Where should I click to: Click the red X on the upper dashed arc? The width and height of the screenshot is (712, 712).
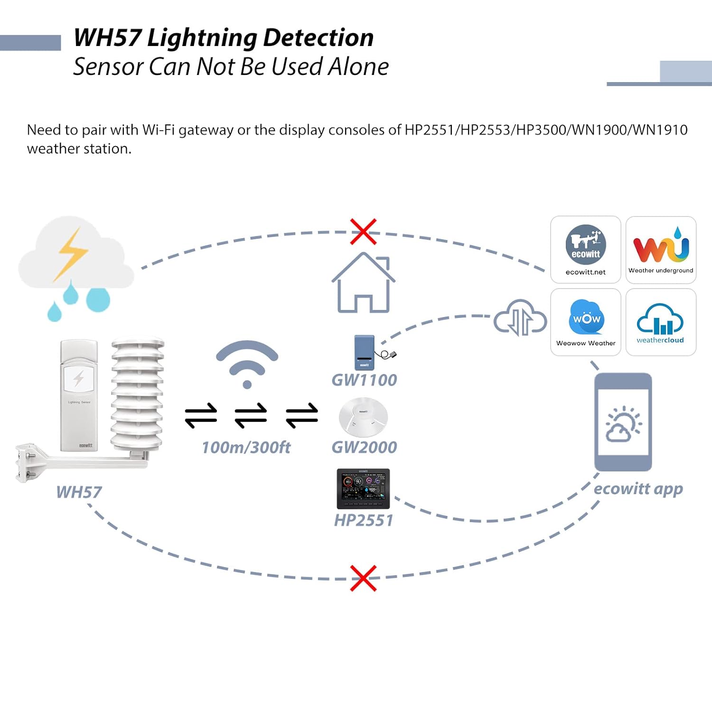point(363,232)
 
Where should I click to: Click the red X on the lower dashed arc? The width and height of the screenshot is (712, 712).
point(363,578)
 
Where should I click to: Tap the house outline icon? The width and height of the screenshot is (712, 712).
point(363,283)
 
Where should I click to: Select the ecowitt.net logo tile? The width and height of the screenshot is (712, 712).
point(585,250)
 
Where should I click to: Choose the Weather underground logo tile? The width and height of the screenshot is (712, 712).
point(661,250)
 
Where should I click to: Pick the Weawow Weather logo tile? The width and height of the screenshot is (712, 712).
point(585,322)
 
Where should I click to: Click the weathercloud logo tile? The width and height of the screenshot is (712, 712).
point(661,322)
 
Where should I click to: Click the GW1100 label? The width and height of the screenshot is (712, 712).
point(364,380)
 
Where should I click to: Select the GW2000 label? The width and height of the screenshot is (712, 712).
point(364,447)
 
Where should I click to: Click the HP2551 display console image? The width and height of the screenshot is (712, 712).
point(363,488)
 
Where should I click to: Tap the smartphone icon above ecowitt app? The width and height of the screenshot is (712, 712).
point(623,422)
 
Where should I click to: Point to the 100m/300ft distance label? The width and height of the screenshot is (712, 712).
point(246,447)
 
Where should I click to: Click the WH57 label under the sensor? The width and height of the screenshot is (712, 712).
point(79,492)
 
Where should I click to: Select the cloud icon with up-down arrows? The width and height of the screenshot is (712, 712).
point(520,318)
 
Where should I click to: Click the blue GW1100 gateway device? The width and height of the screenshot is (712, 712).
point(365,353)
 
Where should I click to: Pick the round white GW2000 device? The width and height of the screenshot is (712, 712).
point(363,417)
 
